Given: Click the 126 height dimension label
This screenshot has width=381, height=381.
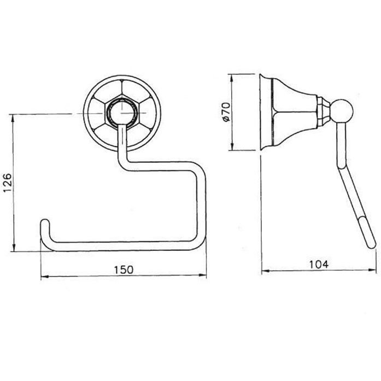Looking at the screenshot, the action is coord(7,182).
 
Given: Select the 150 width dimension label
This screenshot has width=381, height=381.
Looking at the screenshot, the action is coord(124,269).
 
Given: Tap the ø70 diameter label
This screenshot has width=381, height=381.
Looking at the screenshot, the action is coord(226,112).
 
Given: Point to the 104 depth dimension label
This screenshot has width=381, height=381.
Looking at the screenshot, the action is coord(319,264).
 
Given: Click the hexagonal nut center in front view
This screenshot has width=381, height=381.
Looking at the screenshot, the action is coord(121,113).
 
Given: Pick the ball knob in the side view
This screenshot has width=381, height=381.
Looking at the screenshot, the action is coord(341,111).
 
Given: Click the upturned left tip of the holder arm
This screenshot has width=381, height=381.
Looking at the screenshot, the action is coord(44,222).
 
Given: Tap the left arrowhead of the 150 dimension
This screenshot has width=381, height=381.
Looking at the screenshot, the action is coord(45,276).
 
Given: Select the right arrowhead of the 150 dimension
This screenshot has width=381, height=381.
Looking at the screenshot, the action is coord(202,275).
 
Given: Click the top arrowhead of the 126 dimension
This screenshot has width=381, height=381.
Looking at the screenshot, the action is coord(14,118).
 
